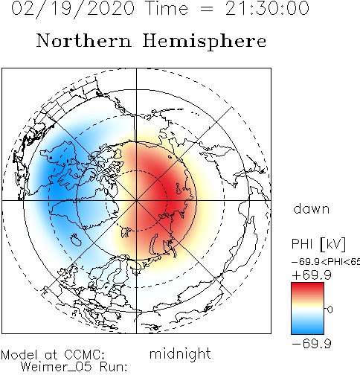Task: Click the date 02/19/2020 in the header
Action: point(73,9)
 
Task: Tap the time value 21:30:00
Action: point(267,8)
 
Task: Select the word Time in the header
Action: point(167,8)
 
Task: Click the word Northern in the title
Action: point(84,40)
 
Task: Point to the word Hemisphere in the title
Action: point(205,42)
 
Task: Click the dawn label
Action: point(312,209)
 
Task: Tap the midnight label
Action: point(180,354)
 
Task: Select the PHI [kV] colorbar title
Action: point(318,244)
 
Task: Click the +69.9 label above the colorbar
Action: point(312,275)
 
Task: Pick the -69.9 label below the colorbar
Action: point(312,344)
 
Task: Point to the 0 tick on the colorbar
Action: point(330,310)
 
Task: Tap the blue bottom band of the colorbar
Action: point(307,328)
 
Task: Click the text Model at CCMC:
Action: point(53,355)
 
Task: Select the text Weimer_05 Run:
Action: point(74,367)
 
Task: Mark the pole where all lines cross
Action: point(136,200)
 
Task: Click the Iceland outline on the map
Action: point(76,240)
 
